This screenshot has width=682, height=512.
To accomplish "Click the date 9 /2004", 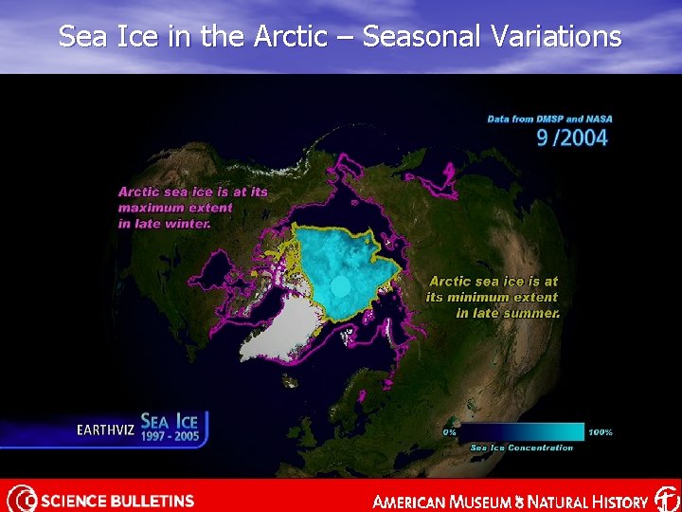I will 572,137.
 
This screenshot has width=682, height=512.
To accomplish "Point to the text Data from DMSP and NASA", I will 549,119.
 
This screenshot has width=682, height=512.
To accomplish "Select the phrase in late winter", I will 164,224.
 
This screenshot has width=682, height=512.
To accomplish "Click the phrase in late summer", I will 508,313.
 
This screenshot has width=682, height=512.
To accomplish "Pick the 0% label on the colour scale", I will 450,432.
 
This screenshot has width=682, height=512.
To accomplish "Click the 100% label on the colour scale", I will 601,432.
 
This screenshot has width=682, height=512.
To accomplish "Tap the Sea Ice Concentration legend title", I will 522,448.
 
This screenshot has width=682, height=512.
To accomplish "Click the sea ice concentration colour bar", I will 522,432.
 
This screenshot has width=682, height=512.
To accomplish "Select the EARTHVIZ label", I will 104,430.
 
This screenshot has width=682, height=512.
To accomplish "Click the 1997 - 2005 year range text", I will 170,437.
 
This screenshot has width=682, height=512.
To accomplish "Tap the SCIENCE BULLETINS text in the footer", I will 117,501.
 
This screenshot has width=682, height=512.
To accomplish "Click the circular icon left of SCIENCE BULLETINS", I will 21,499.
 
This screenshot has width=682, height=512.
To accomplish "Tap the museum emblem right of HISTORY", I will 667,499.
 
